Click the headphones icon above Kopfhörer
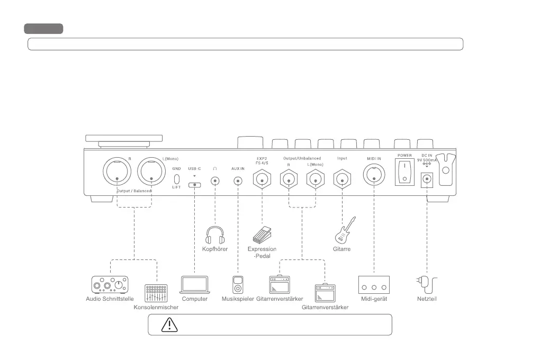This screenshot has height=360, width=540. coord(214,235)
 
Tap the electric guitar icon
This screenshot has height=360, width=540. coord(345,230)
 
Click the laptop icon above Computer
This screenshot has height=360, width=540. coord(194,285)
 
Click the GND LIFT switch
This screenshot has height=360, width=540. coord(177,178)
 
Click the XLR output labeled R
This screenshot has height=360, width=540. coord(118,172)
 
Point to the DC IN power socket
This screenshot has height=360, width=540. coord(424,181)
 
